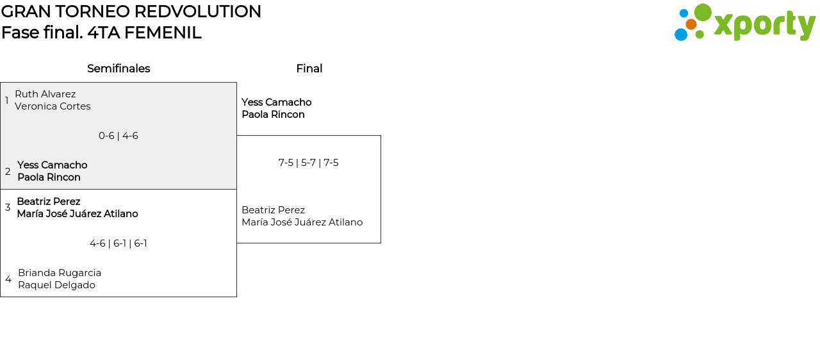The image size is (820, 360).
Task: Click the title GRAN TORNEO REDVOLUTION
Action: [x=131, y=12]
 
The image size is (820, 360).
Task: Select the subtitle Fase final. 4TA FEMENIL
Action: [x=101, y=33]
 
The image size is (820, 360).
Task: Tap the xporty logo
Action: [x=744, y=23]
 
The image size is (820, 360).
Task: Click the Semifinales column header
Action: [x=119, y=69]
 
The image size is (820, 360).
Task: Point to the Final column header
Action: [x=309, y=69]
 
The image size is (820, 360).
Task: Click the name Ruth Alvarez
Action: [x=45, y=94]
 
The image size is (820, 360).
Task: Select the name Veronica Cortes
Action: [x=53, y=106]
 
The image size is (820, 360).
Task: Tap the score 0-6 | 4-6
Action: [x=119, y=136]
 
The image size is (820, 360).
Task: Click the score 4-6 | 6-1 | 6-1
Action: [x=119, y=243]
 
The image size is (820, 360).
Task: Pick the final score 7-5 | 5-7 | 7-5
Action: [x=308, y=163]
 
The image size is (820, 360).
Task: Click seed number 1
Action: [x=7, y=101]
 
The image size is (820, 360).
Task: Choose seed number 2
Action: [x=8, y=172]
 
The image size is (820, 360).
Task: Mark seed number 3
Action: [x=8, y=208]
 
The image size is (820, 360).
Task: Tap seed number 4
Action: [x=8, y=279]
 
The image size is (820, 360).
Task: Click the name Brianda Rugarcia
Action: [x=60, y=273]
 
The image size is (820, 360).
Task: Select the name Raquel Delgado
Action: [x=56, y=285]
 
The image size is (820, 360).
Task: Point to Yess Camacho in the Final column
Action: [x=276, y=102]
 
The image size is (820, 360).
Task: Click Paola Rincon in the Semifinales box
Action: [x=49, y=177]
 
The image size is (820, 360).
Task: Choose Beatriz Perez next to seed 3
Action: [x=49, y=202]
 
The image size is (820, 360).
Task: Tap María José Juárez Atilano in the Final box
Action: [x=302, y=222]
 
